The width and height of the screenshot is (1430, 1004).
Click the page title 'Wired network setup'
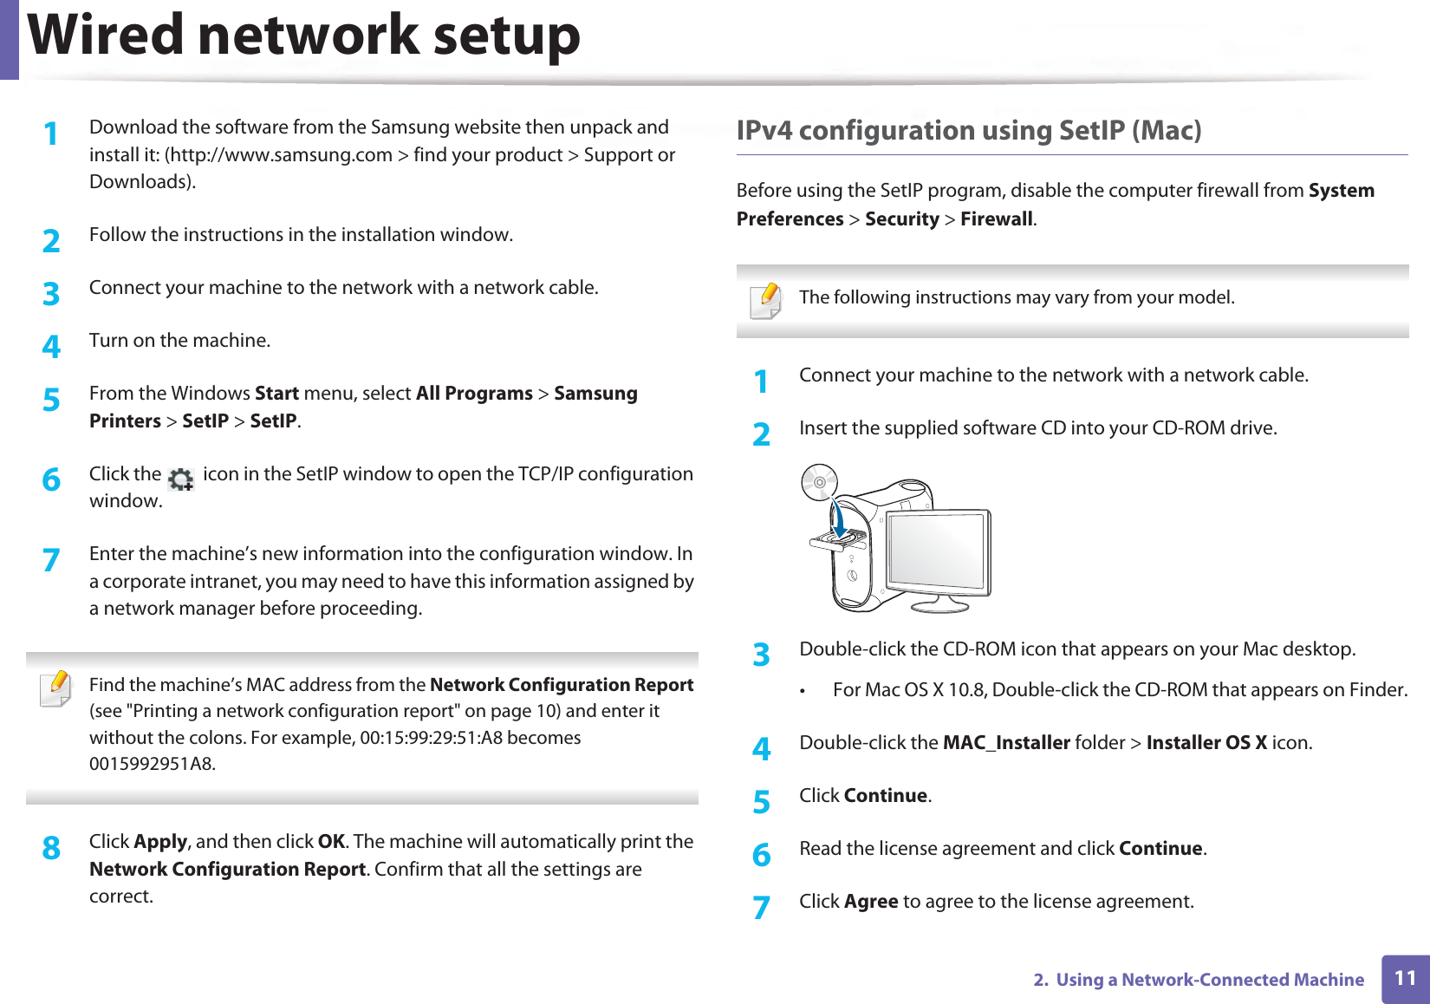click(303, 36)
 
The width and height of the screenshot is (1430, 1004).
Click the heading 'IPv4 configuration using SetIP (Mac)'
click(968, 131)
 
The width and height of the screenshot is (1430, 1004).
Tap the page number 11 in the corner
click(1405, 978)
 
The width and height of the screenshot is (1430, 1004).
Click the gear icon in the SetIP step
click(181, 478)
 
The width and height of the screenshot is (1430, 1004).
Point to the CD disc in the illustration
click(819, 482)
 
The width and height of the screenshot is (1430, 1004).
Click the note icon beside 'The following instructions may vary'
click(766, 301)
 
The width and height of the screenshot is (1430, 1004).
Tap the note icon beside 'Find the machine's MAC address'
click(56, 688)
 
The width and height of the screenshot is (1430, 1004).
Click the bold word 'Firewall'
click(996, 219)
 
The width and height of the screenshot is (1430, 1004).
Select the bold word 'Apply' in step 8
click(160, 842)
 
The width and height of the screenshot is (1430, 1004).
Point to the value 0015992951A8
click(151, 764)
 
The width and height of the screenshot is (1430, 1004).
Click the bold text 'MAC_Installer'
click(1005, 743)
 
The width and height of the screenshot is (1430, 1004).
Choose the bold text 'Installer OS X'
click(1206, 743)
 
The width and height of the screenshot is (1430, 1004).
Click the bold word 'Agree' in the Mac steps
click(870, 902)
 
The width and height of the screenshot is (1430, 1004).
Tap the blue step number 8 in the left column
click(52, 848)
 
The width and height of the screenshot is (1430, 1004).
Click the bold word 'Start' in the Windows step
click(276, 394)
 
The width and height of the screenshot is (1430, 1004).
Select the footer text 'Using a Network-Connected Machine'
click(1209, 980)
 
